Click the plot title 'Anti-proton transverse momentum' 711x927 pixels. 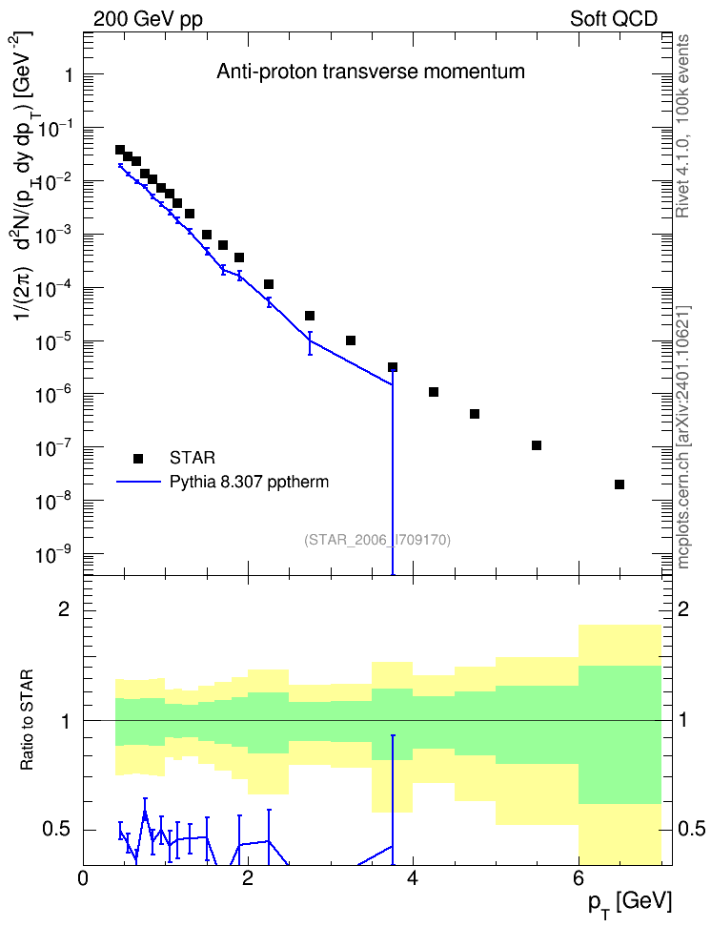371,72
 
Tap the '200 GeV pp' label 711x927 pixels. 148,19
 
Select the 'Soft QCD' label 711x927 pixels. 614,19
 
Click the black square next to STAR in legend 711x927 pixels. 138,458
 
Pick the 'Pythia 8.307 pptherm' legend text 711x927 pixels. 249,482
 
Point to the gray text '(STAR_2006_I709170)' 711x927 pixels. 377,540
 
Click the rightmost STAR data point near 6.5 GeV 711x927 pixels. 620,484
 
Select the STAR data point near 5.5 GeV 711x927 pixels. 537,445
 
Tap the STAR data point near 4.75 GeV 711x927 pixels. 475,414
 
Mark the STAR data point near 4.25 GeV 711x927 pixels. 434,392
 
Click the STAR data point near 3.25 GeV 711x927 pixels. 351,340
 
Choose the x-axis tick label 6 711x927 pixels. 578,878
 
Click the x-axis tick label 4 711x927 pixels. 413,878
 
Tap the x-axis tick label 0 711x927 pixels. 83,878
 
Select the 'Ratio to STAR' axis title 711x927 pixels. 27,719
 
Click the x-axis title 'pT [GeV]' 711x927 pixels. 630,904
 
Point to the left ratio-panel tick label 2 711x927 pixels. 64,609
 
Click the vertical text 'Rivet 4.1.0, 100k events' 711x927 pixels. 682,126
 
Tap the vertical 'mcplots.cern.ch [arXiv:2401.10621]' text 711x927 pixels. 682,437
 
